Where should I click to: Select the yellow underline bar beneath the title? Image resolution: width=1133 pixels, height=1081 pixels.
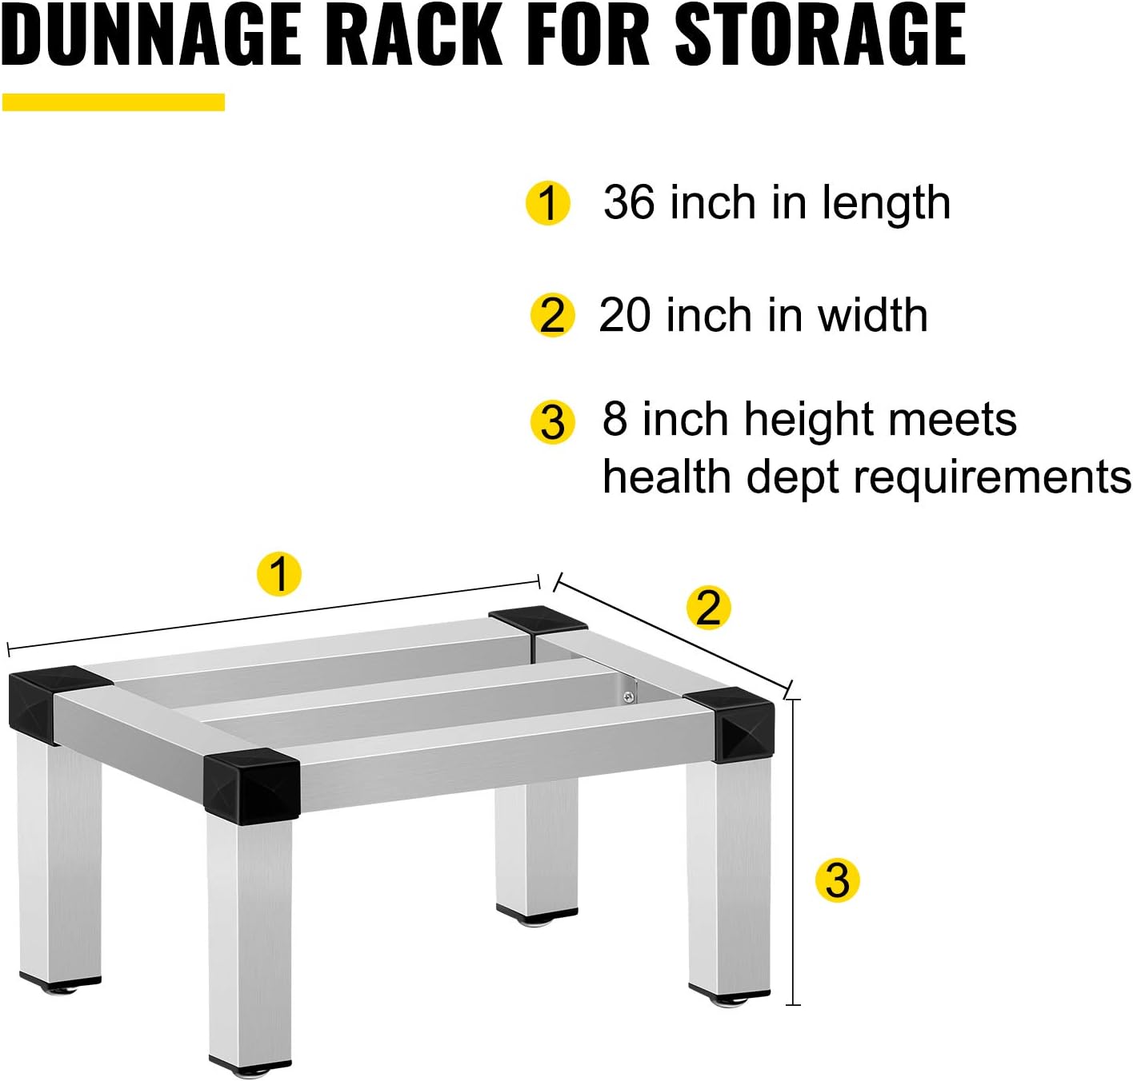point(114,102)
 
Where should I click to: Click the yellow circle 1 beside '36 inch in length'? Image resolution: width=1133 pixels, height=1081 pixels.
point(548,203)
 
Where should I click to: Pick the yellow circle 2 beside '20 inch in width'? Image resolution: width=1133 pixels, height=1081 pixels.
point(552,315)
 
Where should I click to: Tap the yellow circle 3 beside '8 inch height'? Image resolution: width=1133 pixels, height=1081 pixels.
point(553,422)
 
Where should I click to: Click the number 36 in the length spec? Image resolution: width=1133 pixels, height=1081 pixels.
point(629,202)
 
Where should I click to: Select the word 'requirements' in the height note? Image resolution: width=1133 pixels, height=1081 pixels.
point(992,478)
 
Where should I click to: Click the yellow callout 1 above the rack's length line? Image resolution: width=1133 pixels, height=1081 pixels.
point(278,573)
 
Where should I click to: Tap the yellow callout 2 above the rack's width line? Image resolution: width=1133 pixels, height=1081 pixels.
point(709,607)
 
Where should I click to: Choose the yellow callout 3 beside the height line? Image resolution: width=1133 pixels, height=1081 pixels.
point(837,880)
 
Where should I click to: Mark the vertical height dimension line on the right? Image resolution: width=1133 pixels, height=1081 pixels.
point(793,852)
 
